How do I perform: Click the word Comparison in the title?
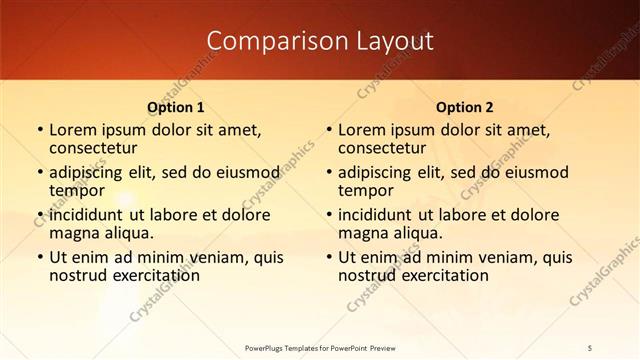coord(267,40)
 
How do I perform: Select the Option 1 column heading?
coord(176,106)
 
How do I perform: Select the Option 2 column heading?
coord(465,106)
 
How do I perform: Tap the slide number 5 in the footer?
coord(591,347)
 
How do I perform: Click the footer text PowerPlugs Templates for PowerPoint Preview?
coord(320,347)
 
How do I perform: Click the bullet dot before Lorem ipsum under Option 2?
coord(328,130)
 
